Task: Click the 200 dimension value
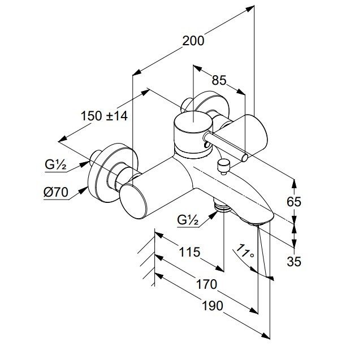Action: (193, 41)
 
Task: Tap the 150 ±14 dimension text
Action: (105, 116)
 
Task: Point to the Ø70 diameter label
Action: (55, 192)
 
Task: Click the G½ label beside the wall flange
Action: (57, 166)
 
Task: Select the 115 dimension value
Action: (189, 252)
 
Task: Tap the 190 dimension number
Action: (211, 305)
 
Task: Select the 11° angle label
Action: (244, 253)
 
